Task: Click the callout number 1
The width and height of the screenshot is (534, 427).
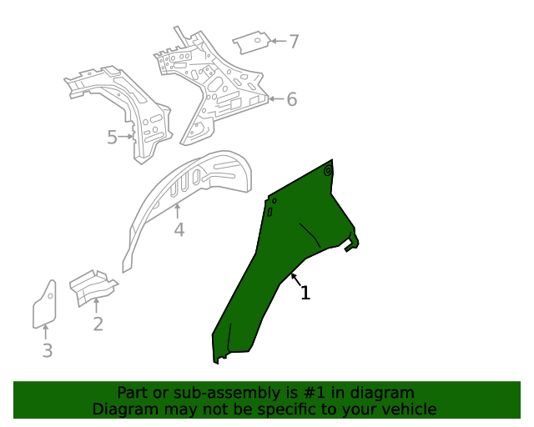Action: point(305,293)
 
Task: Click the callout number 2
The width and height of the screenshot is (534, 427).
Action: point(98,324)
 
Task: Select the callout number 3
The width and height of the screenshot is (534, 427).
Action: point(48,351)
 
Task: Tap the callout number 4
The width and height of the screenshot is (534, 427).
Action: point(179,229)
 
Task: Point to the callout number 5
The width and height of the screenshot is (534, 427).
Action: point(112,137)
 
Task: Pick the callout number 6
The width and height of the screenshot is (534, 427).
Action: point(291,100)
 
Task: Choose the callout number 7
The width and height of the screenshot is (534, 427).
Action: point(293,40)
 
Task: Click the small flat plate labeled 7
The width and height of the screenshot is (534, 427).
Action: point(252,42)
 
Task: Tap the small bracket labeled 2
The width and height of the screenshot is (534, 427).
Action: point(92,285)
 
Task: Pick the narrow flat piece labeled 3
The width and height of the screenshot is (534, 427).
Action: point(44,304)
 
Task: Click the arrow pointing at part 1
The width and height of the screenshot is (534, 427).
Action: point(295,278)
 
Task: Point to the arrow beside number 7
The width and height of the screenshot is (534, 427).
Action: point(279,40)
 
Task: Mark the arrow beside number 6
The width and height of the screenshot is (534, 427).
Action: point(276,99)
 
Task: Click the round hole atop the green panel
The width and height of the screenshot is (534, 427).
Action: point(328,172)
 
